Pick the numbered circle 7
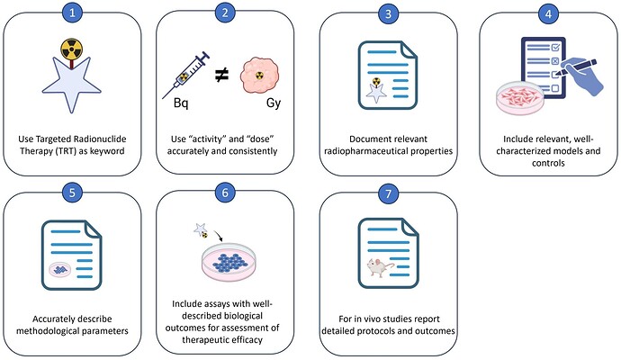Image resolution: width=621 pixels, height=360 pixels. [x=389, y=193]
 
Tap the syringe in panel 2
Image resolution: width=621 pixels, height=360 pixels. [x=186, y=73]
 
